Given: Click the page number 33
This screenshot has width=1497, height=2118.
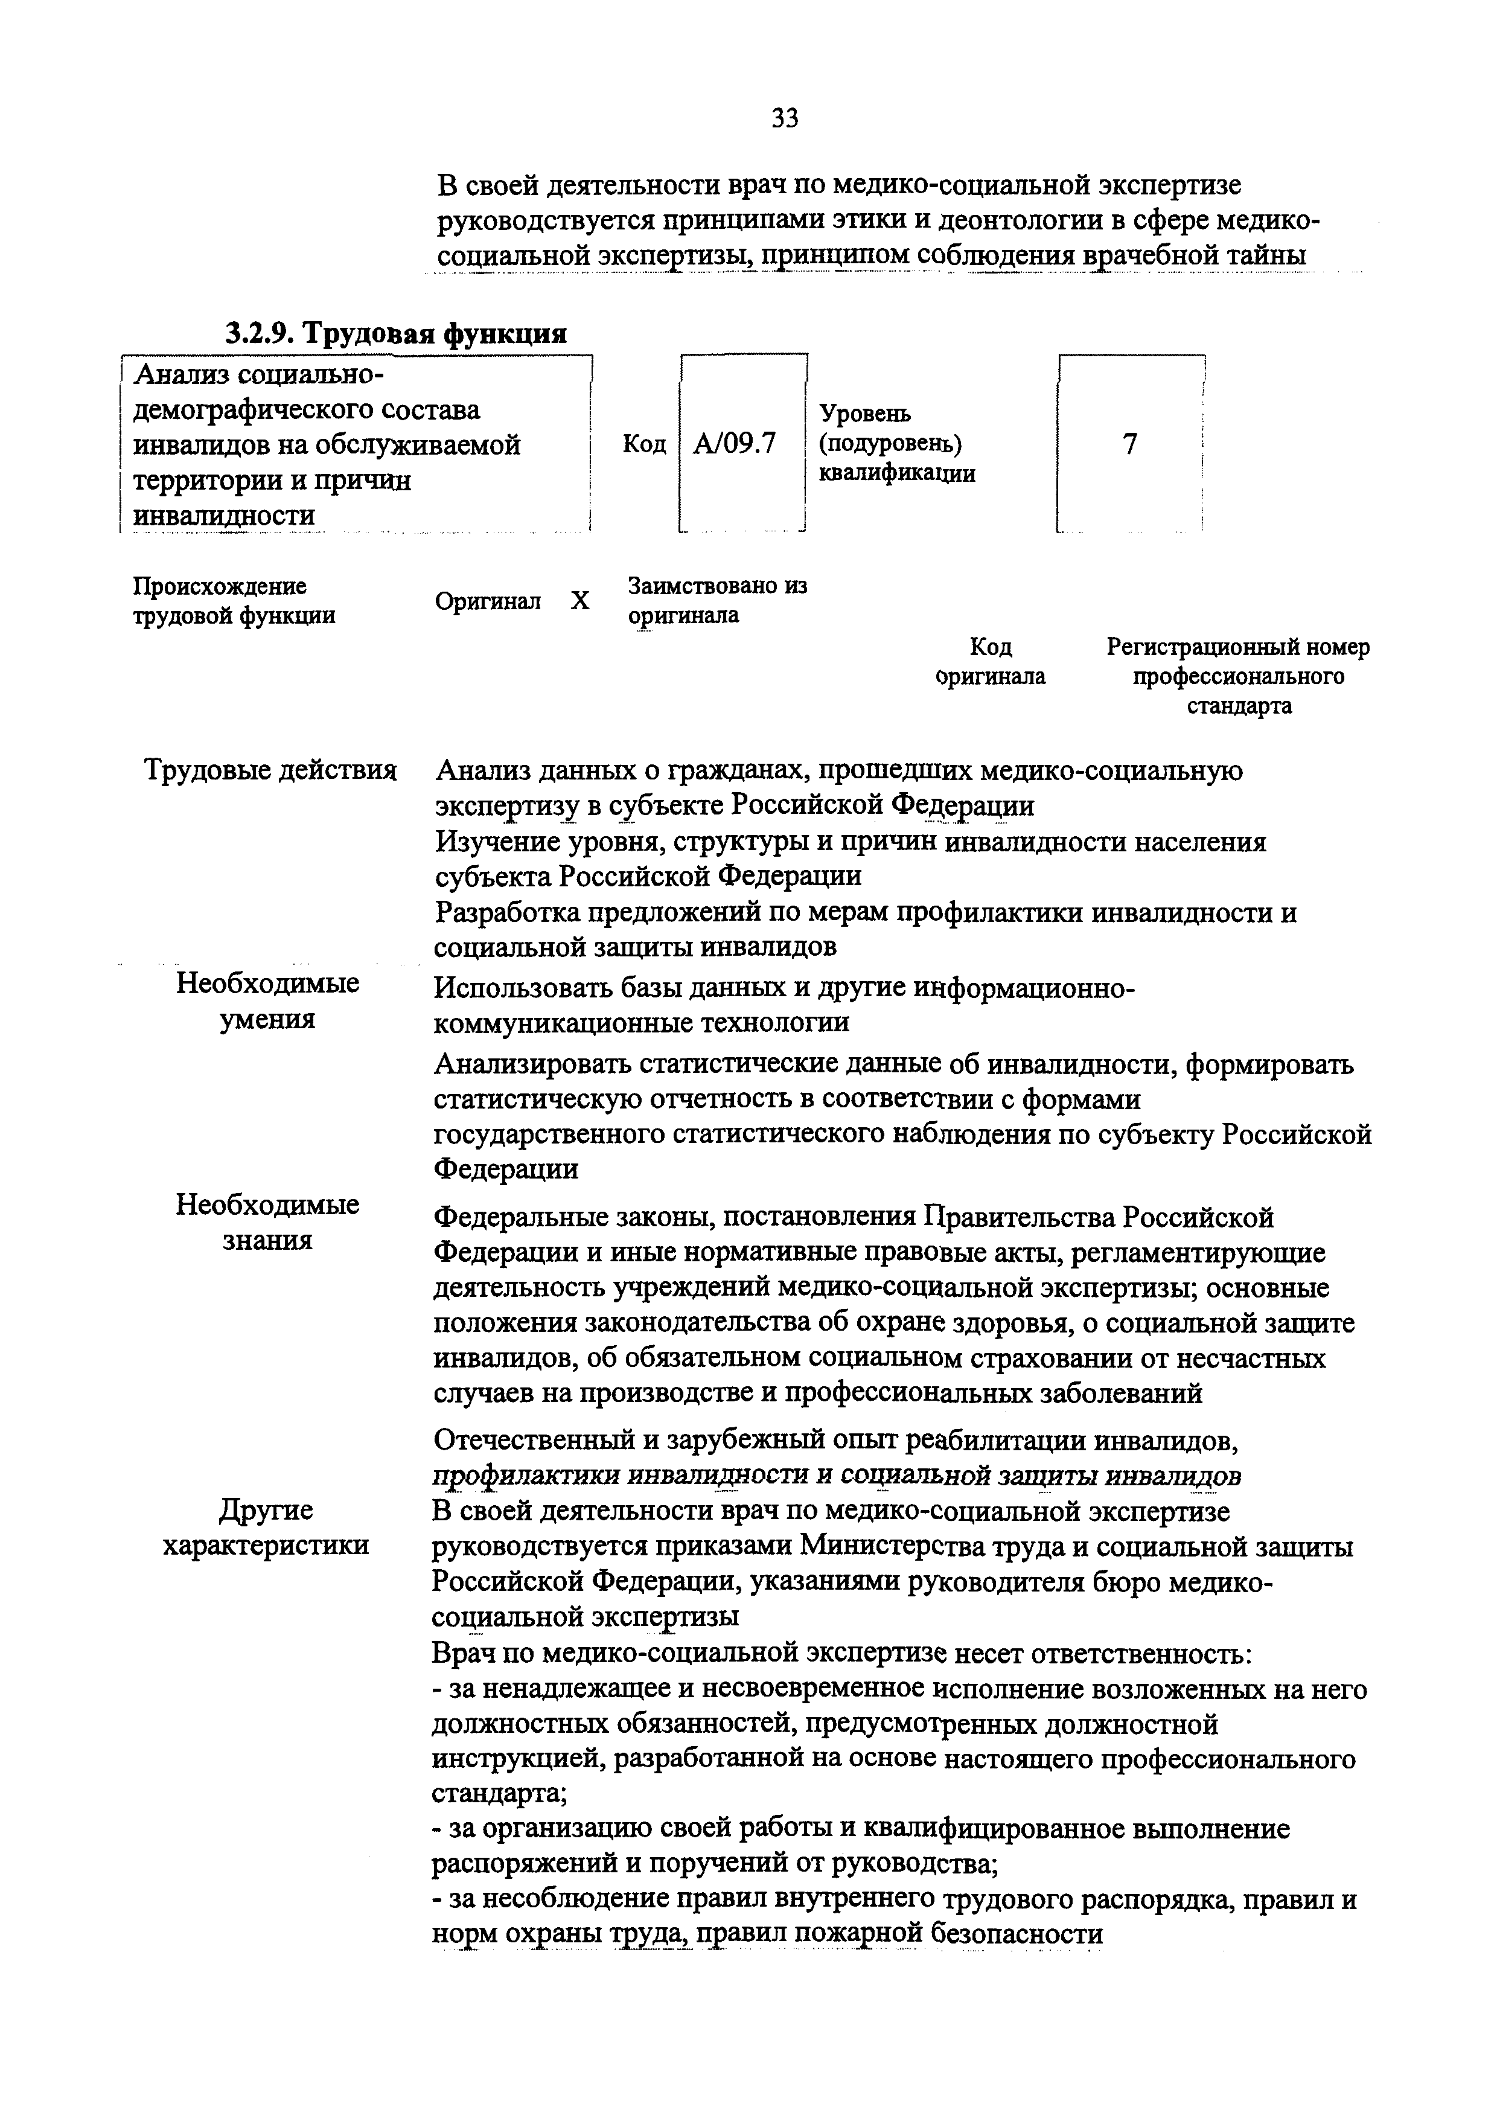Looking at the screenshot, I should (784, 118).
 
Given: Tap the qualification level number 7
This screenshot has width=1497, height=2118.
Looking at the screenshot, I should (1130, 444).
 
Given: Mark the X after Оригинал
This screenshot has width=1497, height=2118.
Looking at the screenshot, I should (579, 601).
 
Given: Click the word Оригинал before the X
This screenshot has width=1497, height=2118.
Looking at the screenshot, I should (488, 601).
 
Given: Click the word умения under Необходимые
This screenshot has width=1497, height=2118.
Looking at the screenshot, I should (267, 1019).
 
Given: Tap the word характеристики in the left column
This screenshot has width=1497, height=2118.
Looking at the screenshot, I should (266, 1545).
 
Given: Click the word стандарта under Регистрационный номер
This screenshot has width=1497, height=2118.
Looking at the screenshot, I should (1238, 706).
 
